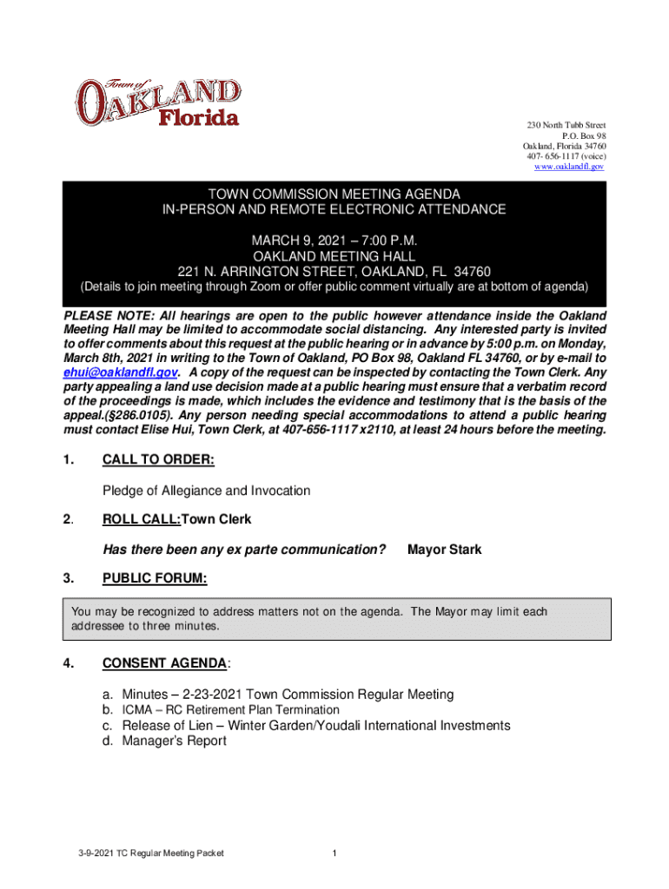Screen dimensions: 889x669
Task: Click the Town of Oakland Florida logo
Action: (157, 103)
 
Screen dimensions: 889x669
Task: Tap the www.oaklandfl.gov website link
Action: (569, 166)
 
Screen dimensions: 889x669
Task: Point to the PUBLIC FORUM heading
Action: (155, 578)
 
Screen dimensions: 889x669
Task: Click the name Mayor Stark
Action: (444, 550)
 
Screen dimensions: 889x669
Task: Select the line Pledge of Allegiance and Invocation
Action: (206, 491)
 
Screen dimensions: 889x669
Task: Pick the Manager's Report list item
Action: (174, 741)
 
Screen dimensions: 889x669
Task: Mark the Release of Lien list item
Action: (315, 726)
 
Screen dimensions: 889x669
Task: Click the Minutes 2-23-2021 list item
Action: (287, 695)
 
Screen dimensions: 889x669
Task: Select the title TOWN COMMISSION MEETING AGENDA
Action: (334, 194)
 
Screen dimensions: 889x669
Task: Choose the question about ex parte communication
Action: (244, 550)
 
